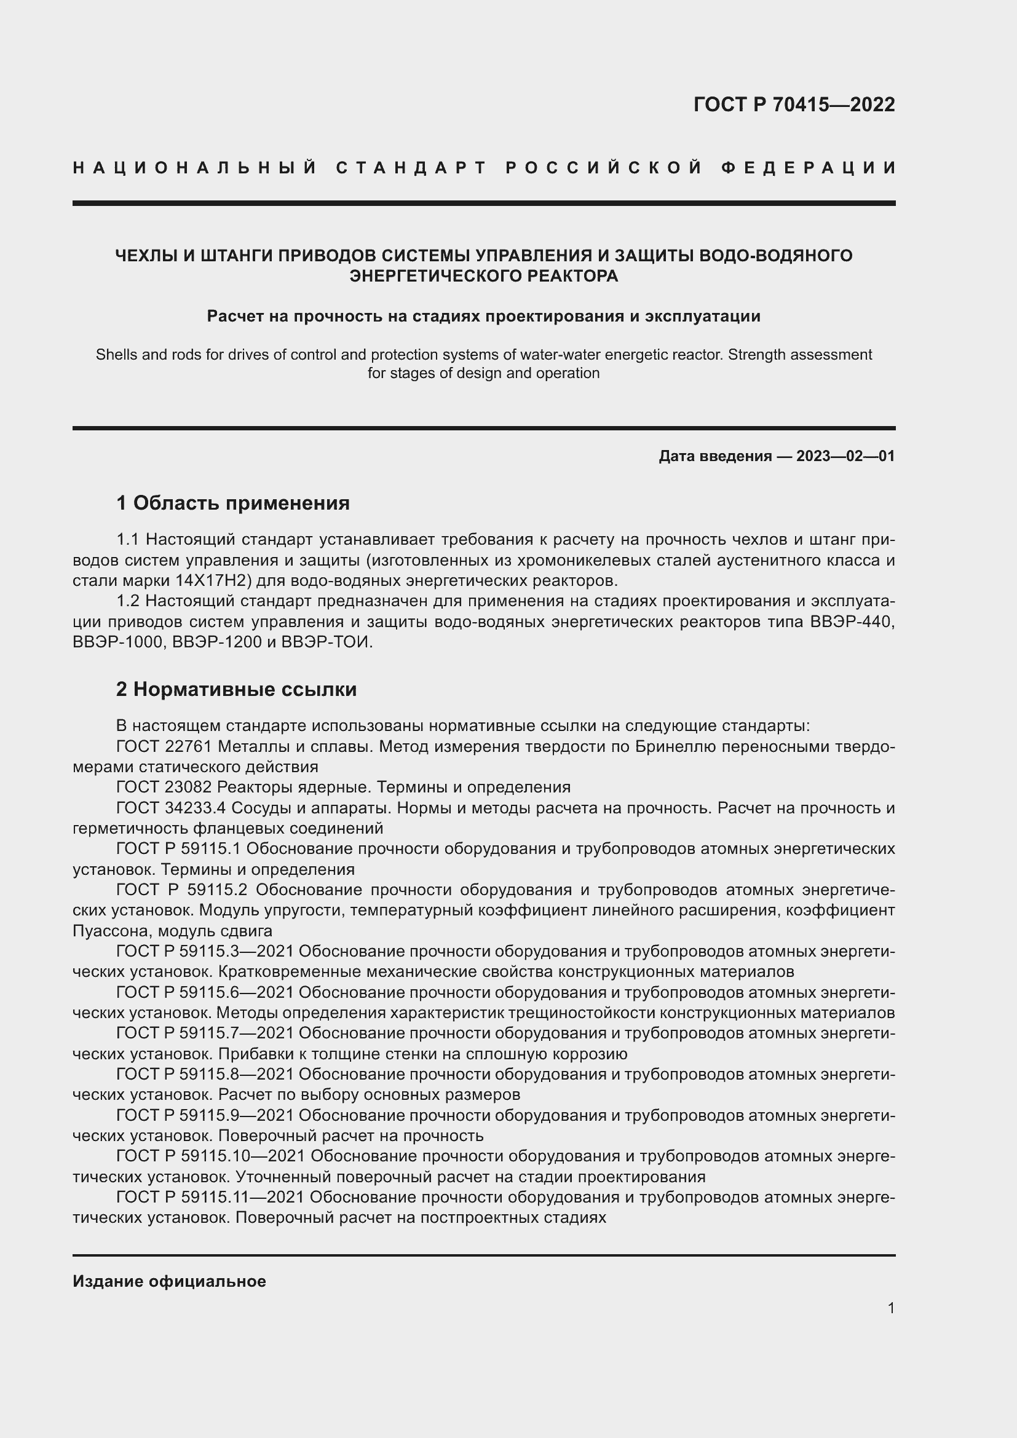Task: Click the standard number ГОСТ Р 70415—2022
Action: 793,105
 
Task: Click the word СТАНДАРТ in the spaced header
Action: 411,168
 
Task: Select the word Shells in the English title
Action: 116,355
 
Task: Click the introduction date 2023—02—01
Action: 845,456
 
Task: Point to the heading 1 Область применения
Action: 232,503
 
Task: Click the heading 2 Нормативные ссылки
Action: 236,689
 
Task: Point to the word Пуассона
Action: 107,931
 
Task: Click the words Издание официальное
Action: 169,1281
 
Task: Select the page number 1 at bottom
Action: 890,1308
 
